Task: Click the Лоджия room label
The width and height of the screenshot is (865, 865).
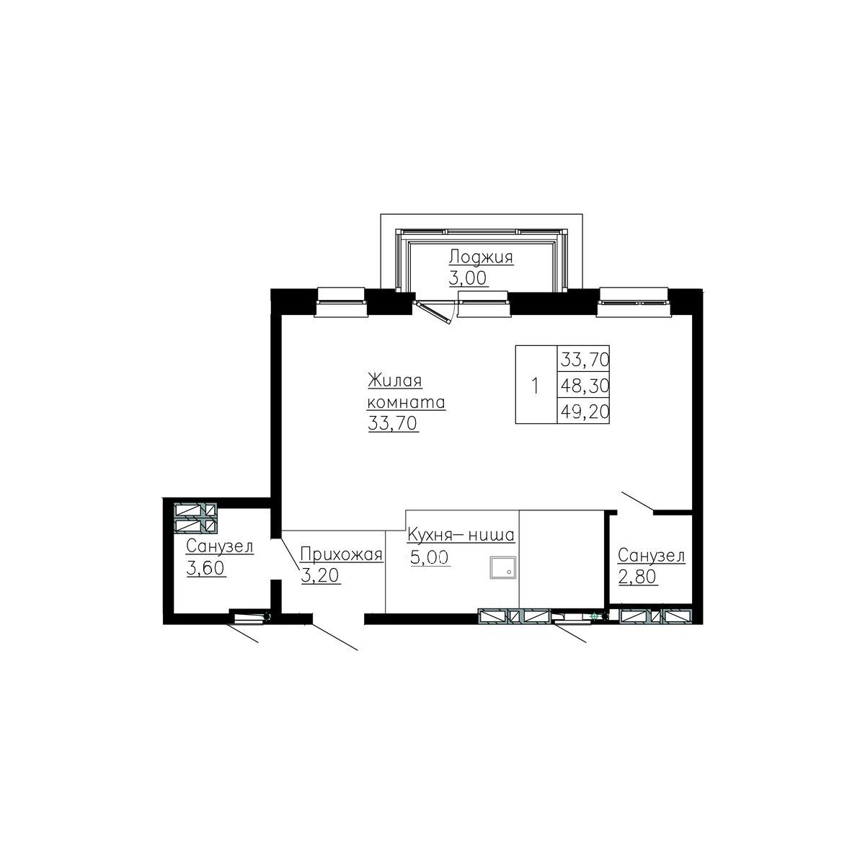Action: [481, 257]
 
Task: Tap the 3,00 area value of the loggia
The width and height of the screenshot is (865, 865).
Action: [468, 279]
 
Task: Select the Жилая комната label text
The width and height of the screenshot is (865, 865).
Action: [406, 391]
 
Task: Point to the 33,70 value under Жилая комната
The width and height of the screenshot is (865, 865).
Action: [393, 424]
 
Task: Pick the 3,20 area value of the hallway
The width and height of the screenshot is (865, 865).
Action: [319, 576]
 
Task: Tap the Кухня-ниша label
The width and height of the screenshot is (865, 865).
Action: [460, 536]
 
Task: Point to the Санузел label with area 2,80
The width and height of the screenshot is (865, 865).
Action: [651, 556]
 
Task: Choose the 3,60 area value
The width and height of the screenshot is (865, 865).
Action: [205, 568]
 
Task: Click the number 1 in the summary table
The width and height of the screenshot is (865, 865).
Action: [535, 386]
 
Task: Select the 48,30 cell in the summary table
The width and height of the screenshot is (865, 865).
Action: [584, 386]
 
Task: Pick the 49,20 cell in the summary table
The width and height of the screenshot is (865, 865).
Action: [584, 411]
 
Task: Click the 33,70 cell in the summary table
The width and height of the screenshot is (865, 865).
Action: [584, 358]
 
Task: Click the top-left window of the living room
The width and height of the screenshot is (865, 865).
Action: [342, 301]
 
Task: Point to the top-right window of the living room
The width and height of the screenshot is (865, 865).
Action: [634, 301]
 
